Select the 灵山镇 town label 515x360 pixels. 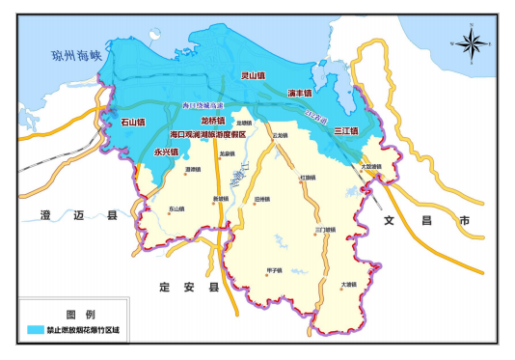pyautogui.click(x=253, y=74)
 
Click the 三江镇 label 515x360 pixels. pyautogui.click(x=344, y=129)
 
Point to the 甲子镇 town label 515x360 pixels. pyautogui.click(x=273, y=271)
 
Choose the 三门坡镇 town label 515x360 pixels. pyautogui.click(x=326, y=230)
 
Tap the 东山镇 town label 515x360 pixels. pyautogui.click(x=176, y=208)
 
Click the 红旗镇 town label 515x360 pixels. pyautogui.click(x=308, y=178)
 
